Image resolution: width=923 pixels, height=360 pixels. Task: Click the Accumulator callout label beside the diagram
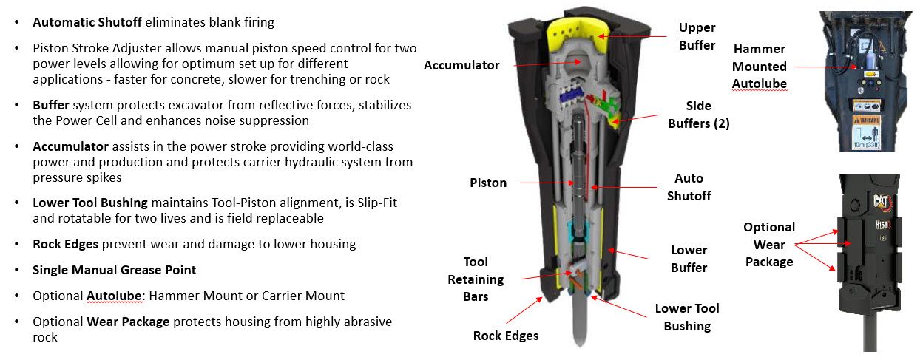point(461,65)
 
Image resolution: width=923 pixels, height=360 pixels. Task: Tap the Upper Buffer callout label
point(697,36)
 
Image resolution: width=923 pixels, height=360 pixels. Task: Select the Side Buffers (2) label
point(698,115)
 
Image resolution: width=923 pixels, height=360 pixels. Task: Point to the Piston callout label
point(488,183)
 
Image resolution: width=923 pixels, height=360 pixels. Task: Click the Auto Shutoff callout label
point(689,187)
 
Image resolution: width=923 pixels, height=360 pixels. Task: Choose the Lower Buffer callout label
point(689,259)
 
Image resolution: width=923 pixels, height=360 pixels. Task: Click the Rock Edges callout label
point(506,336)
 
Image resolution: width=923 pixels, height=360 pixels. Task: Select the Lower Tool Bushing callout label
point(687,317)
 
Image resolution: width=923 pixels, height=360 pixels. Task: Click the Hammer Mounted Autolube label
point(759,67)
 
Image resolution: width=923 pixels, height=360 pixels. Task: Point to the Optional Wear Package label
point(769,244)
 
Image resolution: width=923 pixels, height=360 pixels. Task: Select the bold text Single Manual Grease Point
point(114,270)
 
